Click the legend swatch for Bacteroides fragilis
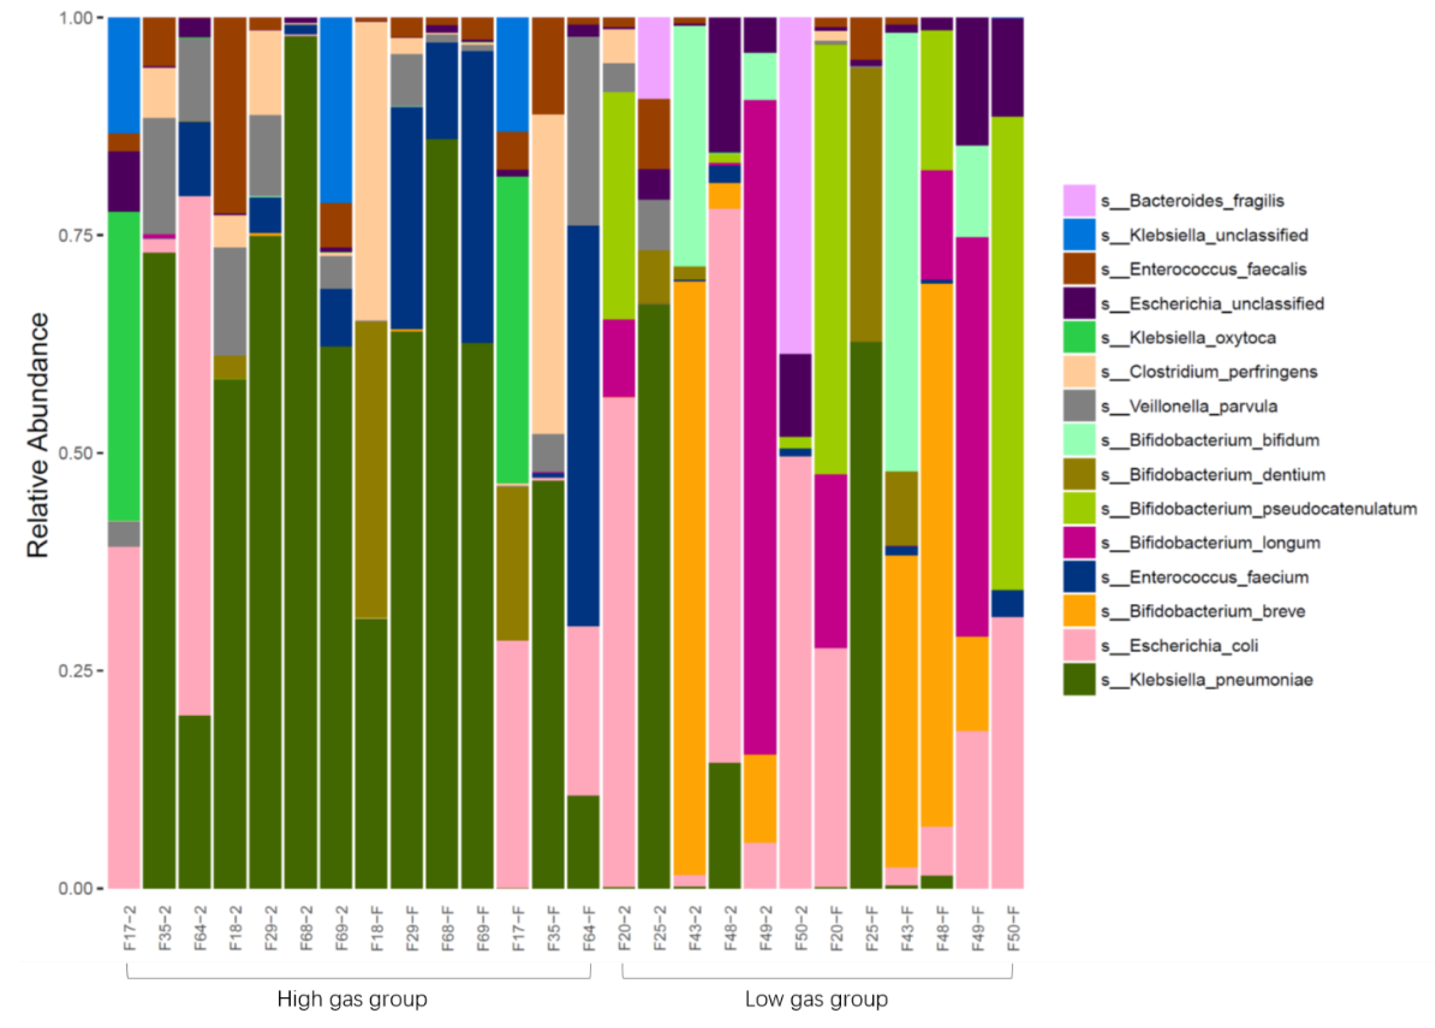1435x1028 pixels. click(x=1079, y=201)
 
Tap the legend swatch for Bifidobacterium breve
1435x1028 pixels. click(x=1079, y=611)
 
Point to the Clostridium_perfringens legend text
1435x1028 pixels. click(x=1223, y=371)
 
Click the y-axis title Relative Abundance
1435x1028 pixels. click(x=38, y=435)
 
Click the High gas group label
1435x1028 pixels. click(x=352, y=999)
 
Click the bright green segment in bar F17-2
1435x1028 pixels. click(x=124, y=367)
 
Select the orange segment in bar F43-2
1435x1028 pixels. click(x=690, y=576)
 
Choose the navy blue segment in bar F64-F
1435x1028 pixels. click(x=583, y=424)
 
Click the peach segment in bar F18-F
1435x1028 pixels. click(x=371, y=171)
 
